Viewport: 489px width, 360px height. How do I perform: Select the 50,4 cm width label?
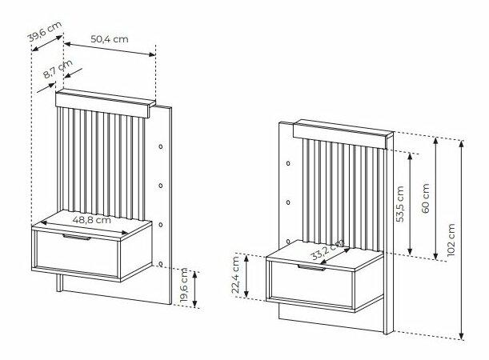110,38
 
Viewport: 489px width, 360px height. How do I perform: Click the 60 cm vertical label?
425,197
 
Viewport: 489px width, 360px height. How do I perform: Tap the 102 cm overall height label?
451,238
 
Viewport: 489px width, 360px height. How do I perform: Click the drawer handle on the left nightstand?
78,238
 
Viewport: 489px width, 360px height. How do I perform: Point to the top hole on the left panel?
162,148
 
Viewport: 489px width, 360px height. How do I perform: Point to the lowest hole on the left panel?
162,262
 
